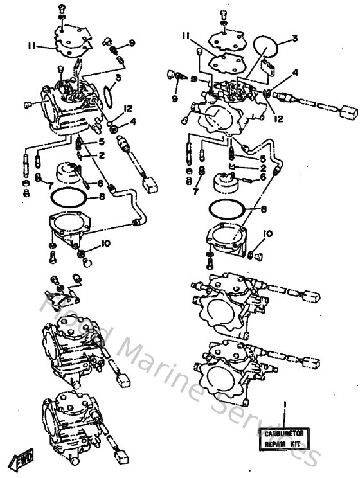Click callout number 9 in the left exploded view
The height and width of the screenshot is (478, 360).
point(132,43)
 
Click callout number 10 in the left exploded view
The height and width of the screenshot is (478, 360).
point(105,244)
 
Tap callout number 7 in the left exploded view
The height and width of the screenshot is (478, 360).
point(50,185)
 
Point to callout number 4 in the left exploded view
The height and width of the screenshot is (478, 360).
point(133,121)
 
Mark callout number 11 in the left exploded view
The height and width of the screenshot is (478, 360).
point(30,46)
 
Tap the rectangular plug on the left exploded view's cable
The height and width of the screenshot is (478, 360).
point(152,184)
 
